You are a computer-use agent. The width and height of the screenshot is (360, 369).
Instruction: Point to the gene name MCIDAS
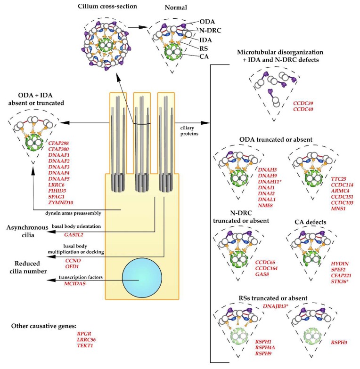tap(76, 284)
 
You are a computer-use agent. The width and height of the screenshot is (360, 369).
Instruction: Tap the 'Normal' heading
tap(177, 8)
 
